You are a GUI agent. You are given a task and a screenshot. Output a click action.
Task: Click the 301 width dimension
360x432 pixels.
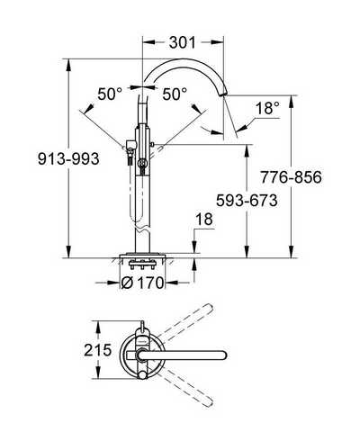point(183,42)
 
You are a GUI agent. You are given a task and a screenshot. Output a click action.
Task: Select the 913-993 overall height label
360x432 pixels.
point(68,158)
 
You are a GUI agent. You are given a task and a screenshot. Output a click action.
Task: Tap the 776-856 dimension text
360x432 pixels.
point(291,177)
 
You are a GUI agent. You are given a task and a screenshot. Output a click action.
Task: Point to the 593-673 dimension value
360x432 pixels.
point(247,200)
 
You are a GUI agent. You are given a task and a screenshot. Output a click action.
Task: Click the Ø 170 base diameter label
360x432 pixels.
point(143,283)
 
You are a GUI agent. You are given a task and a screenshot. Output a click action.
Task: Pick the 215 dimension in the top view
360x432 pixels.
point(98,350)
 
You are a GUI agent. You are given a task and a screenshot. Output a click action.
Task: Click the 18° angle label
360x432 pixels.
point(267,108)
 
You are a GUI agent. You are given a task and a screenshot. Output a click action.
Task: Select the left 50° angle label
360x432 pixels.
point(110,94)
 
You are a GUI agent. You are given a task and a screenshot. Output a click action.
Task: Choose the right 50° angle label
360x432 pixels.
point(175,94)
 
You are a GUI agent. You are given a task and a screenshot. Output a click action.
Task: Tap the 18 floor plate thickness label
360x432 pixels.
point(204,220)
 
